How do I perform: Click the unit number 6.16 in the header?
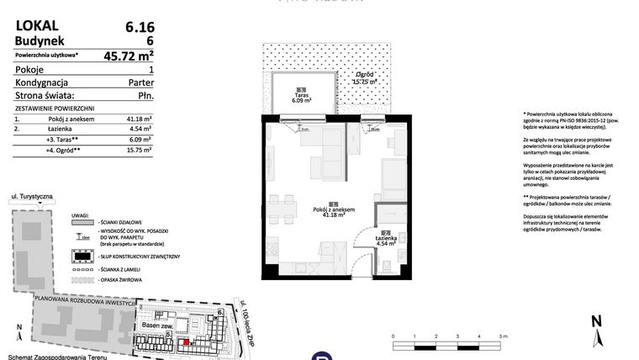click(x=138, y=27)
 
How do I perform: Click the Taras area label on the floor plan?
click(x=300, y=97)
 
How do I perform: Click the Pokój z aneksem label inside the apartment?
click(x=334, y=213)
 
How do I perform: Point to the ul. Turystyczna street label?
click(x=32, y=196)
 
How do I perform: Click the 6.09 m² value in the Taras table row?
click(x=139, y=139)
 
